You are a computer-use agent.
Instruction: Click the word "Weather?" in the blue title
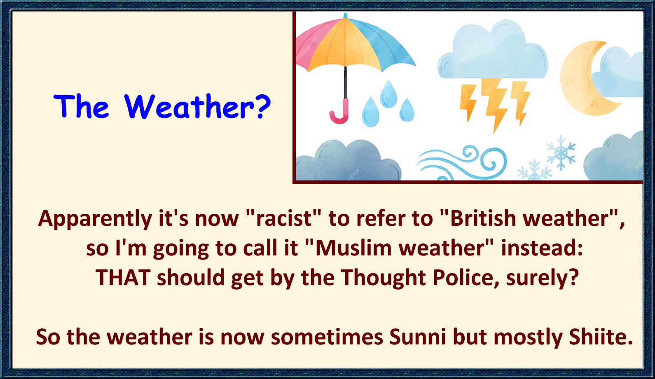pos(197,106)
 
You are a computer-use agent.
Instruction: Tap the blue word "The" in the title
pos(81,106)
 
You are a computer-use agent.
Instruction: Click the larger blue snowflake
pos(561,153)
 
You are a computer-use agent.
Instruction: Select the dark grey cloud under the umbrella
pos(348,161)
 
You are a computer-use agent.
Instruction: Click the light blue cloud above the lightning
pos(493,51)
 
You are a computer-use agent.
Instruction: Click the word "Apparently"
pos(95,219)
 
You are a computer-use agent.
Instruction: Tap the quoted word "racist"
pos(284,218)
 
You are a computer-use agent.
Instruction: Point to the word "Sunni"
pos(417,337)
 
